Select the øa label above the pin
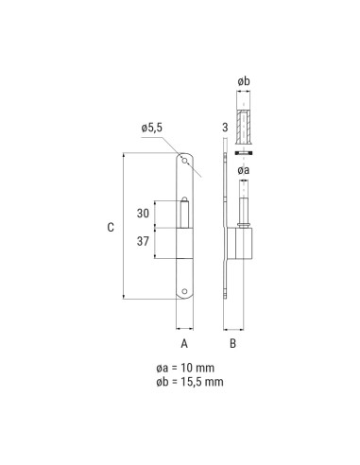tap(243, 170)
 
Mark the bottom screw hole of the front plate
tap(185, 292)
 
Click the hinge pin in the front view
tap(185, 212)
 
